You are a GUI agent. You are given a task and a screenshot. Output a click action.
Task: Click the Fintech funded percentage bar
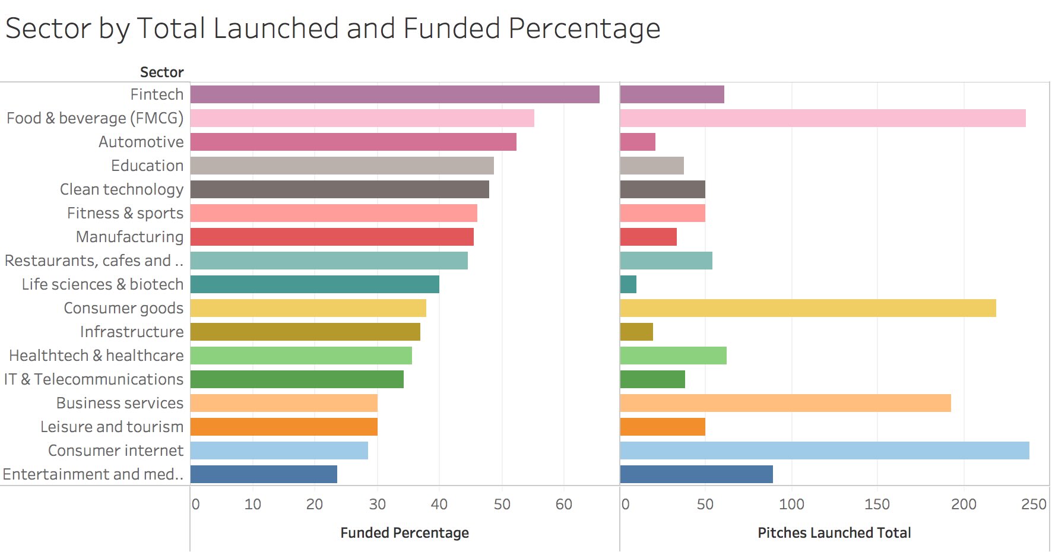[x=395, y=94]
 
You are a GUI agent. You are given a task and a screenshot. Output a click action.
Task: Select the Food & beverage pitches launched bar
[x=823, y=118]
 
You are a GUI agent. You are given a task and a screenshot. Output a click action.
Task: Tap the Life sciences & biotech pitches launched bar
[x=628, y=284]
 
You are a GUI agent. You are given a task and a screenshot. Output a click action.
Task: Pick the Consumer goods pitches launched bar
[x=808, y=308]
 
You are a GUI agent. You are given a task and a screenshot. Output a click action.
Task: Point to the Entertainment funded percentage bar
[x=264, y=474]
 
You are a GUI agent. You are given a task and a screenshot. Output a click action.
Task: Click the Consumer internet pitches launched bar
[x=825, y=451]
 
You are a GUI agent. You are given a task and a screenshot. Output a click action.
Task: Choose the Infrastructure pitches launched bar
[x=636, y=332]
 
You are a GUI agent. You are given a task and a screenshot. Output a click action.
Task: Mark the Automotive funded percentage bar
[x=353, y=142]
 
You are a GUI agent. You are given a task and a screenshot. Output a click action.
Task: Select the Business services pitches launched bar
[x=785, y=403]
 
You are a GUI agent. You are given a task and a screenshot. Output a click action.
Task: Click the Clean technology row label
[x=122, y=189]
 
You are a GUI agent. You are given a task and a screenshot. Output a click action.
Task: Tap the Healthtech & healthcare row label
[x=96, y=356]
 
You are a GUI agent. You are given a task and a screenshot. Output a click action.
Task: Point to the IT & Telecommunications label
[x=94, y=379]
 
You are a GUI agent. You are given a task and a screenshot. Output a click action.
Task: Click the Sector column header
[x=161, y=72]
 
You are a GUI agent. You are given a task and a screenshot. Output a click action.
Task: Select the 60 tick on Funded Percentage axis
[x=563, y=505]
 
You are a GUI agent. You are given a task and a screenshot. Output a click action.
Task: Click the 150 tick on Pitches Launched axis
[x=877, y=505]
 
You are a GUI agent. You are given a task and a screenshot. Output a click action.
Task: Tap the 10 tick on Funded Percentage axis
[x=252, y=505]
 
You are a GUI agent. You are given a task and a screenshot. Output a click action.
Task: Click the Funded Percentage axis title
[x=404, y=533]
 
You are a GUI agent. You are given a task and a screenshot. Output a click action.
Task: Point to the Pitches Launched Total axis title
[x=834, y=533]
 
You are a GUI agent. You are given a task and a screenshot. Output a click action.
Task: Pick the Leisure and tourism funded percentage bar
[x=284, y=427]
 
